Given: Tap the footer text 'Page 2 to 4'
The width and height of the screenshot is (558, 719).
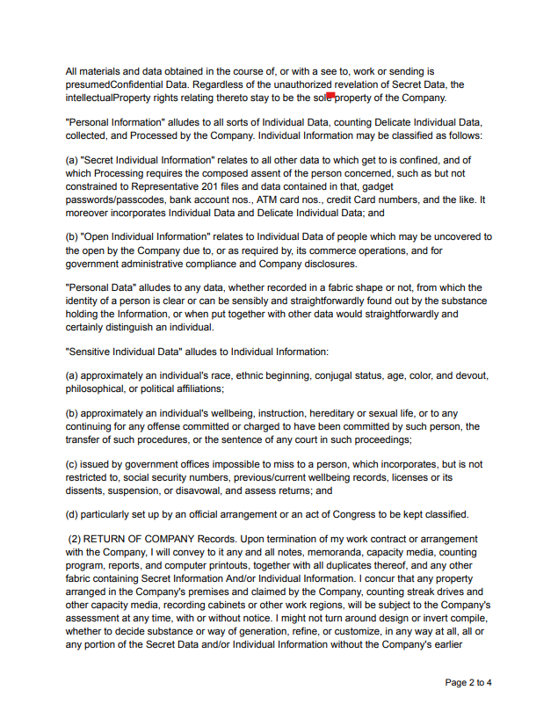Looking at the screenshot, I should [x=468, y=683].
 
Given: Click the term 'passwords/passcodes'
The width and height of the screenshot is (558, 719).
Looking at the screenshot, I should [x=113, y=200].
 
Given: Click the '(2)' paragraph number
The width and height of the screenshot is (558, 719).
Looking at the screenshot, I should [x=75, y=539].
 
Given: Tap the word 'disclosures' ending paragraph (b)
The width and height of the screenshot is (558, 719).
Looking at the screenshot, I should [x=328, y=264].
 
